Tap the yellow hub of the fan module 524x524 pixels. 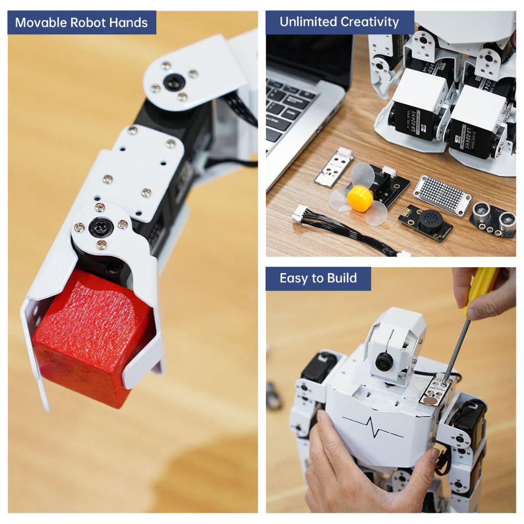pos(360,198)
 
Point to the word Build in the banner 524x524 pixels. pos(342,278)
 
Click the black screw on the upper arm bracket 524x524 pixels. pos(174,81)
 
